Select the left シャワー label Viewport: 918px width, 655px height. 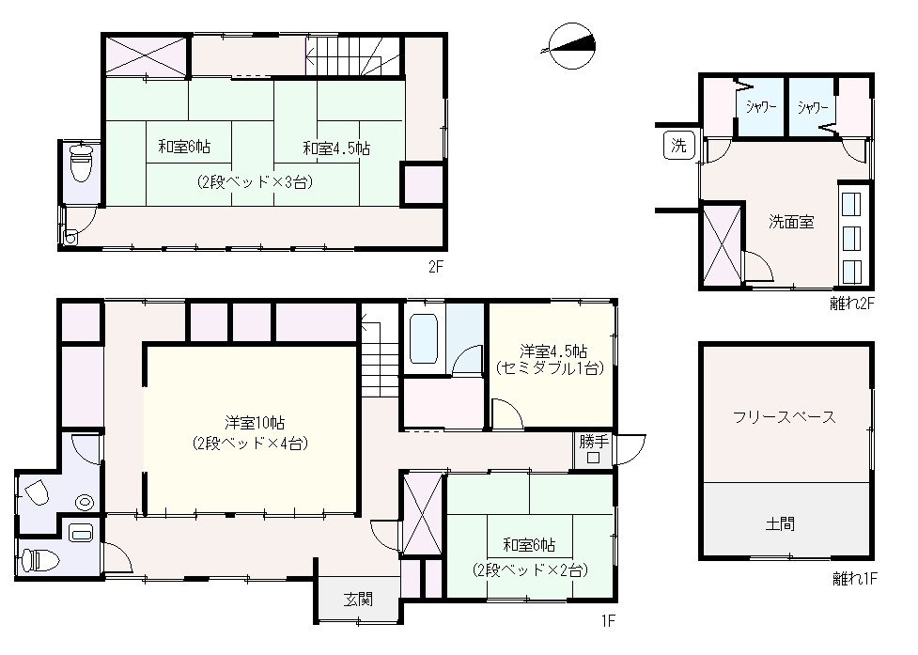click(761, 107)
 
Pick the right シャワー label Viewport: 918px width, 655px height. click(813, 107)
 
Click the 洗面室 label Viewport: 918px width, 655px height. click(790, 223)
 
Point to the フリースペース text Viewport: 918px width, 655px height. click(785, 417)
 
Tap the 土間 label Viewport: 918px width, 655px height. click(786, 523)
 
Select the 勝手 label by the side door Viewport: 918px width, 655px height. click(593, 440)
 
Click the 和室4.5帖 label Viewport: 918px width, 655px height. click(335, 148)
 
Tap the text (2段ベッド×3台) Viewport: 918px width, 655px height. click(255, 182)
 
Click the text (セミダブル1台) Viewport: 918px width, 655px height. click(548, 368)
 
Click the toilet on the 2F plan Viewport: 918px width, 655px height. click(82, 164)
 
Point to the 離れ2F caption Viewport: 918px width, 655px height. click(851, 302)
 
